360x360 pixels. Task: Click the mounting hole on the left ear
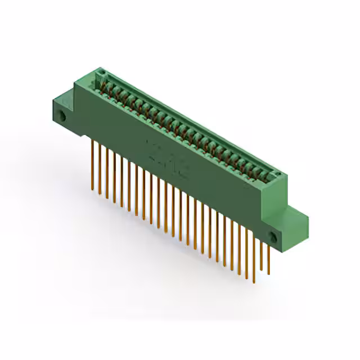(64, 118)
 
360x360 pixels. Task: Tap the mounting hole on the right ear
(274, 237)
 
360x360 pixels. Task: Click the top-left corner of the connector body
(95, 70)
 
